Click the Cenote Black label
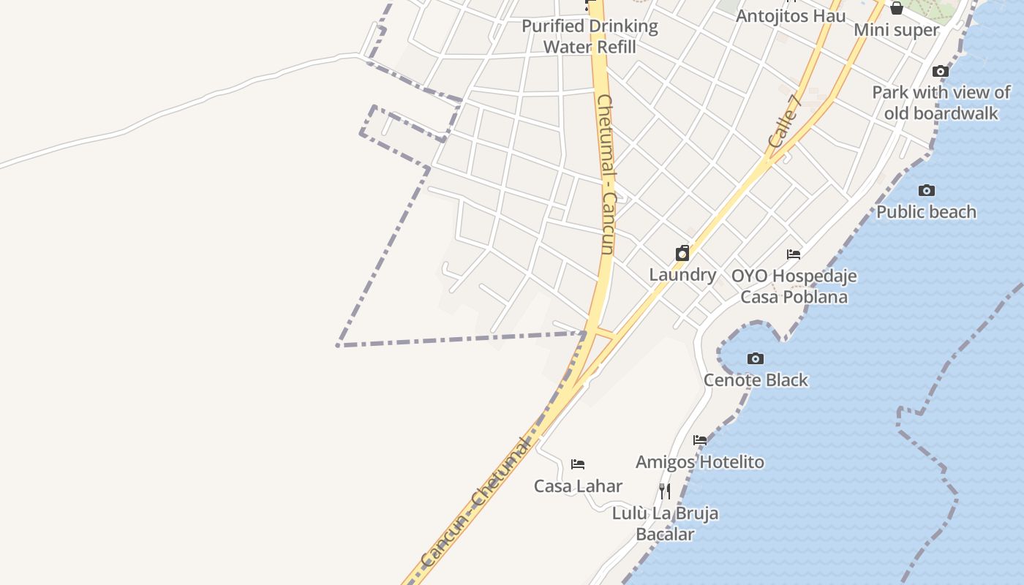tap(756, 380)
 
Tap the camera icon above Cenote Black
tap(756, 359)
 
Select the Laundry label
tap(682, 274)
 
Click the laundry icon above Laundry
tap(682, 254)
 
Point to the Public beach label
tap(926, 211)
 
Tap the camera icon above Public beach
tap(927, 191)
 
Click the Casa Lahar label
tap(578, 486)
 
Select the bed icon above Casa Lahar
tap(578, 464)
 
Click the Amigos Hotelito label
tap(699, 461)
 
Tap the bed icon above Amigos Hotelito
tap(700, 440)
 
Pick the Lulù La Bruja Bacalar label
tap(665, 524)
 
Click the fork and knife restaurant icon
tap(665, 491)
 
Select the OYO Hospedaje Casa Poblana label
tap(794, 286)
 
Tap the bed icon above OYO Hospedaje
tap(794, 254)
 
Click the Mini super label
tap(896, 29)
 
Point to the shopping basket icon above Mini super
tap(896, 8)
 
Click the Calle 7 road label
tap(786, 121)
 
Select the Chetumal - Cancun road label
tap(606, 174)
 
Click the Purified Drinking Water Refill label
tap(590, 36)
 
